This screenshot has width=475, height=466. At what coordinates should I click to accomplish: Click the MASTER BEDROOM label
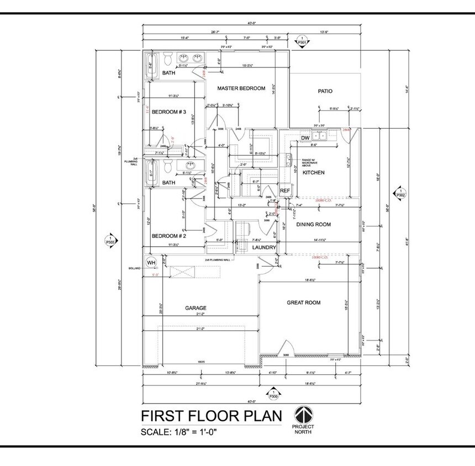241,88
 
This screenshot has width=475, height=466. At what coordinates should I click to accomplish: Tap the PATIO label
325,91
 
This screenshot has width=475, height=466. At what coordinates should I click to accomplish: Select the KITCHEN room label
313,173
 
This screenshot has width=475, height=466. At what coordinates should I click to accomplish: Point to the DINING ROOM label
314,224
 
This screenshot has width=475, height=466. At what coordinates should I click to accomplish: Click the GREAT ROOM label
303,303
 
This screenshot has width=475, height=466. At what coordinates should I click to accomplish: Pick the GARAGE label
196,308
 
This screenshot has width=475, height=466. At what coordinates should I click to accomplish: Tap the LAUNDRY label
264,248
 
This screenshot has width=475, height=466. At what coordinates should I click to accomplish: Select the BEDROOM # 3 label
169,112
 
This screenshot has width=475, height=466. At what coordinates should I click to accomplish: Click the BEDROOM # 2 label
169,236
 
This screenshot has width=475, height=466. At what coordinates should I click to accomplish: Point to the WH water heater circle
151,262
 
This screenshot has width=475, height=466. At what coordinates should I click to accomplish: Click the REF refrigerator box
285,190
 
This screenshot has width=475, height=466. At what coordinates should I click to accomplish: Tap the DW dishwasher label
305,138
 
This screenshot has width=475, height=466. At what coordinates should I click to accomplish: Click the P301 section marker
302,40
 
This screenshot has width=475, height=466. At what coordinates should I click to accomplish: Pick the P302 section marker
400,194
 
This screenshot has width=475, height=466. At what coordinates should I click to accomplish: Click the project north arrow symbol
303,415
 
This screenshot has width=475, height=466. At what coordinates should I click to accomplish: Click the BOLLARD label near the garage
135,268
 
